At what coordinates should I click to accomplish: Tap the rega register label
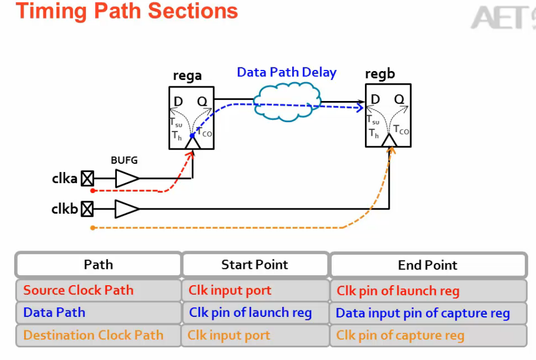[187, 76]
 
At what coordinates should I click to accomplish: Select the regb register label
[380, 74]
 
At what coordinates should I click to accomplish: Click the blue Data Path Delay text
[286, 73]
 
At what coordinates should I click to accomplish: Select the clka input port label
[64, 178]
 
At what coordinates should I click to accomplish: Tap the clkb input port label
[64, 209]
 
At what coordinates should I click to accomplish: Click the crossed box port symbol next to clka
[87, 179]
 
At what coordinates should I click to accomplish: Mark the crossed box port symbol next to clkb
[87, 209]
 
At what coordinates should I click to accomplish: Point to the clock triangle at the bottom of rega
[193, 143]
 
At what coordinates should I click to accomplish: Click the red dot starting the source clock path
[93, 190]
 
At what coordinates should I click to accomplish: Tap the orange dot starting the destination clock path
[93, 228]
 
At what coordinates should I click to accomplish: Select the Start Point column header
[255, 265]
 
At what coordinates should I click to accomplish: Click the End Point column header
[428, 265]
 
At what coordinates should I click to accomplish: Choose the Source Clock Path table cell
[78, 291]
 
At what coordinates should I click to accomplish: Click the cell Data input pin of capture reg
[423, 313]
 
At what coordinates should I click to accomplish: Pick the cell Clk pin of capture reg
[400, 335]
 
